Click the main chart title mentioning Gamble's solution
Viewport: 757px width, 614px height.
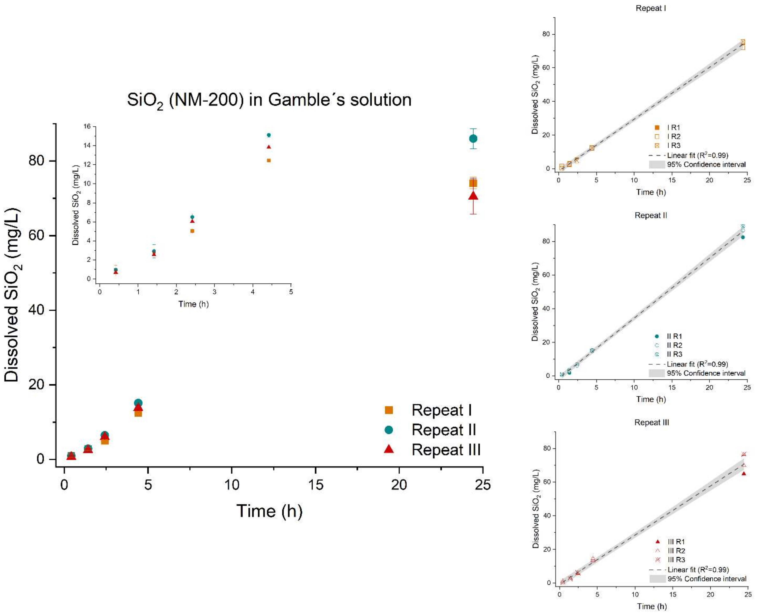[269, 100]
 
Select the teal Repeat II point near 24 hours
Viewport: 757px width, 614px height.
[473, 138]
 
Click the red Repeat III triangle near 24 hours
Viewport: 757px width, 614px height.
[473, 196]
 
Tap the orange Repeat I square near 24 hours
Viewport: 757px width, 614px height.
[473, 183]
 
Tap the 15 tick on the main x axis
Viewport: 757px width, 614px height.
[315, 484]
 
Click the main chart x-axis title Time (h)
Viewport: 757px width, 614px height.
[269, 511]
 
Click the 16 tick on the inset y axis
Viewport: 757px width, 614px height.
[87, 126]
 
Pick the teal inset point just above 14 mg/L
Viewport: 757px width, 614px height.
[269, 135]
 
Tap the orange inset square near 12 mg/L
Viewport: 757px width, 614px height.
[269, 160]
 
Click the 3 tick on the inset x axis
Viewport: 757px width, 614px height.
[214, 292]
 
